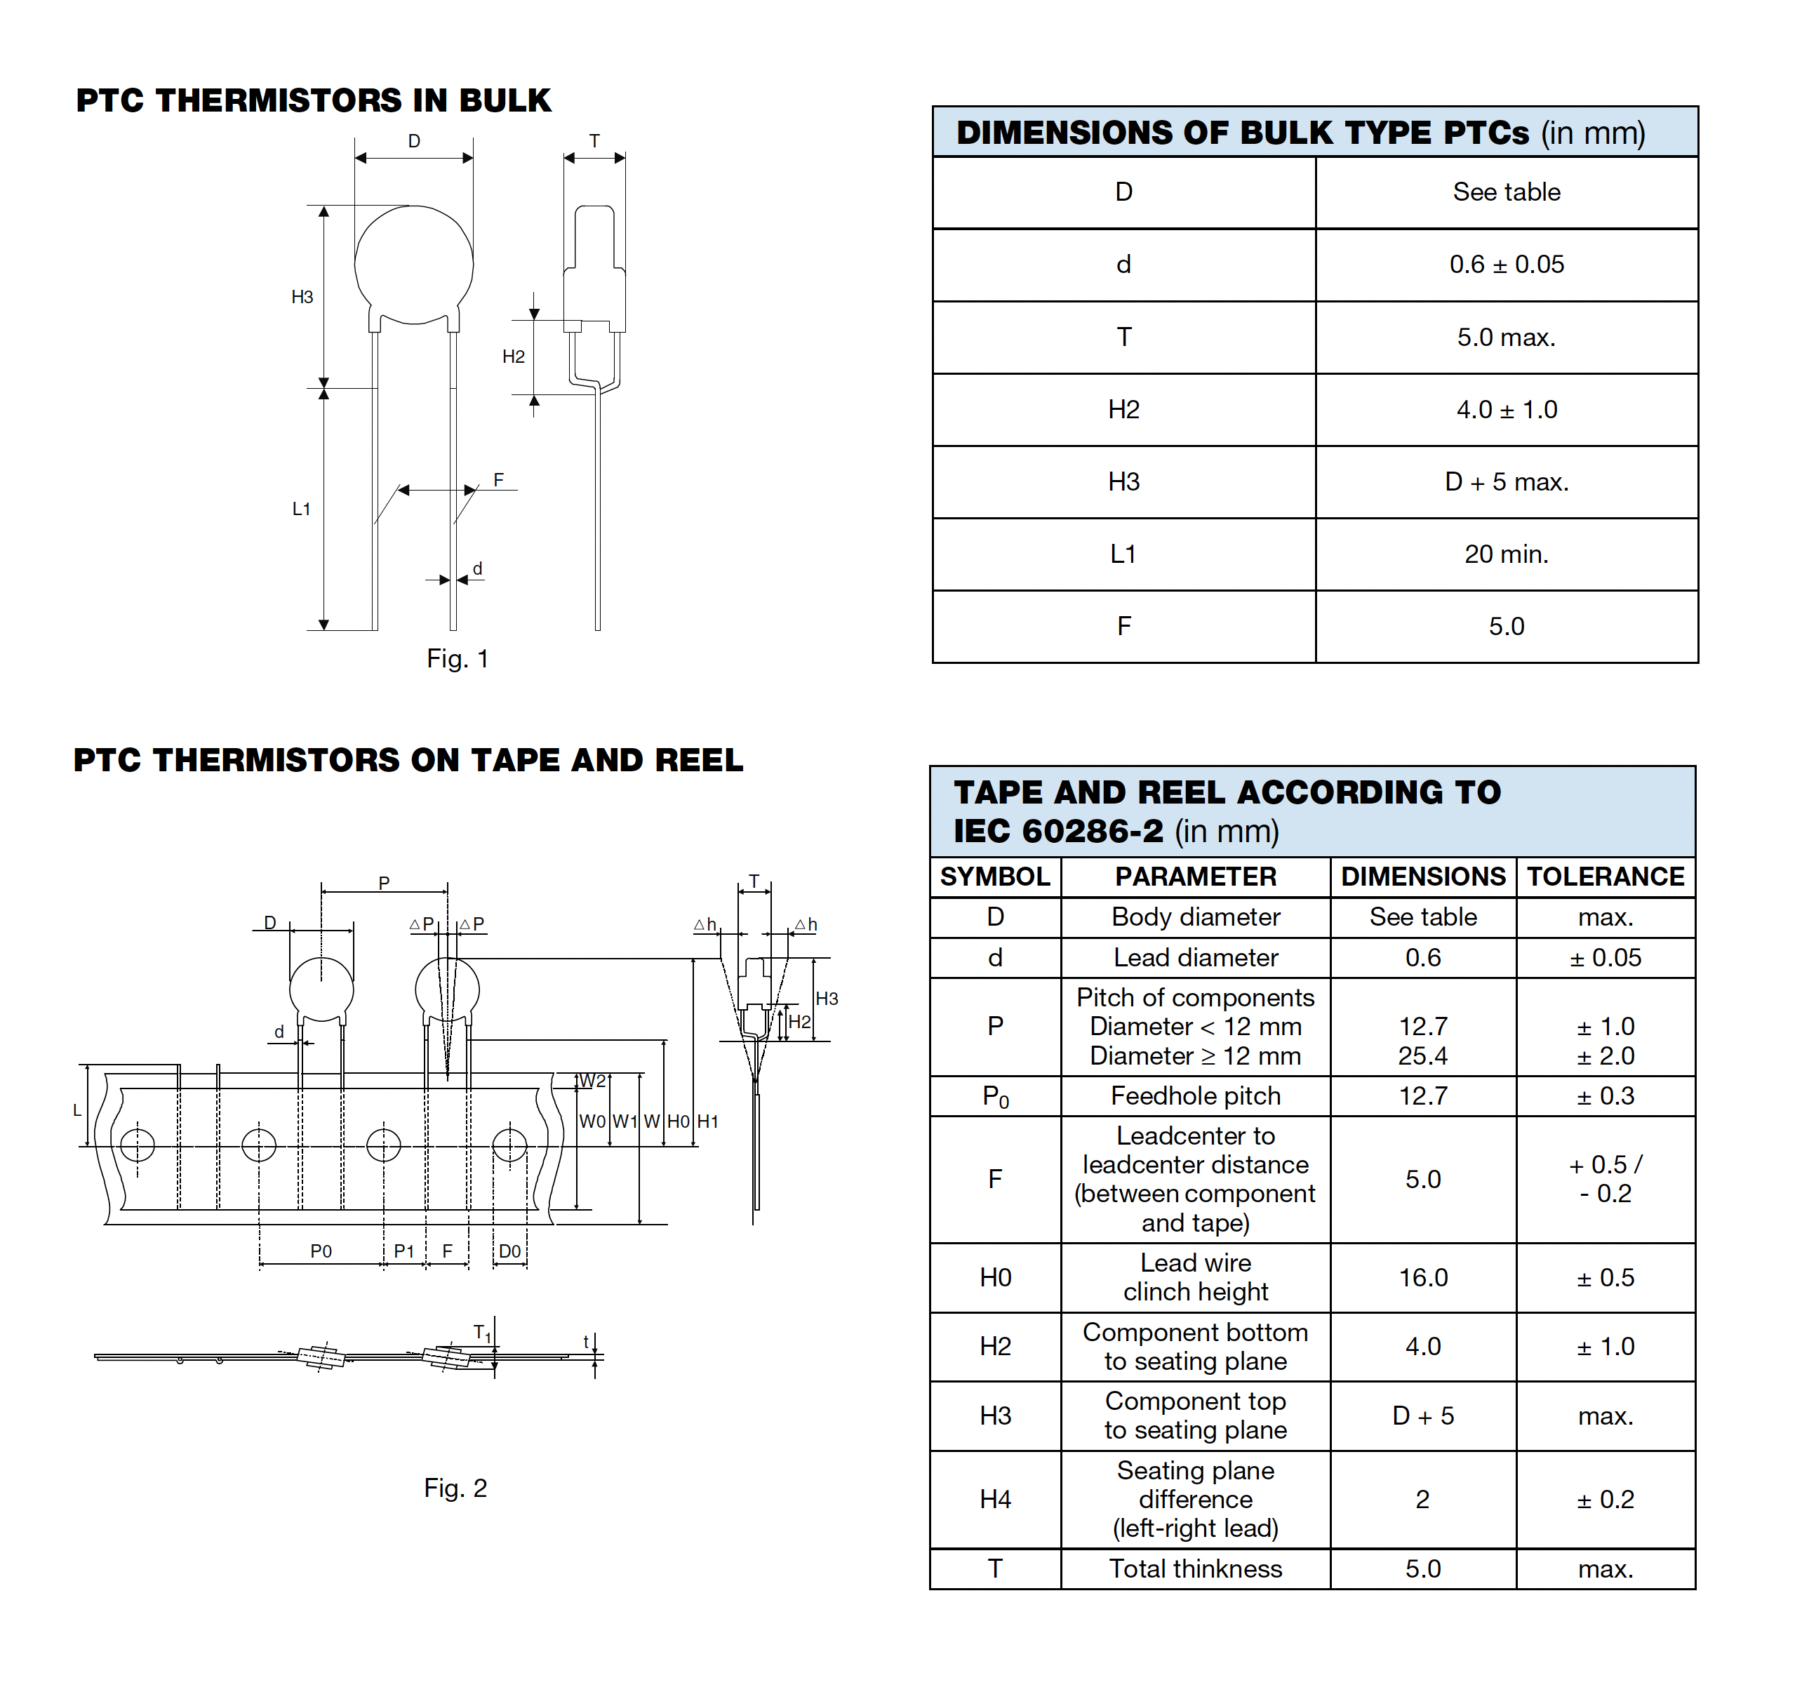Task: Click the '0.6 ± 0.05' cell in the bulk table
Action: pos(1506,265)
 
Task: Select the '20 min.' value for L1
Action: pos(1506,554)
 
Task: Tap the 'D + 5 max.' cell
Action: pos(1506,481)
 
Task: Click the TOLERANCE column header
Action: pos(1606,877)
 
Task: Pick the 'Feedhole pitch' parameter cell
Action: pos(1195,1095)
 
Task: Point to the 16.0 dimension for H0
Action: pos(1422,1277)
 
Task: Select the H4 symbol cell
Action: pos(994,1499)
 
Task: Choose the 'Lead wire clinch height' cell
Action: pos(1195,1277)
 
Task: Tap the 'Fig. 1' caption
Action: pos(457,659)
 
